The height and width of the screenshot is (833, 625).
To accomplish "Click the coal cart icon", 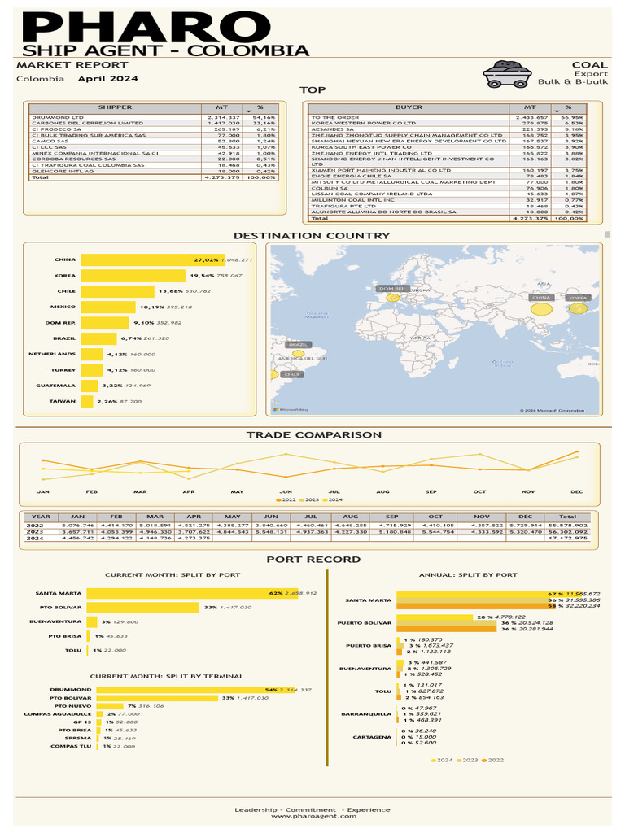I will tap(508, 74).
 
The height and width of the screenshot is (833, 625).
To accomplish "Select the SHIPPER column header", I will tap(115, 107).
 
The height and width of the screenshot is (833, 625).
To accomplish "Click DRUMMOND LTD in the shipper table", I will tap(58, 118).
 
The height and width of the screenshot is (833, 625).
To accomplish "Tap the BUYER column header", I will tap(409, 107).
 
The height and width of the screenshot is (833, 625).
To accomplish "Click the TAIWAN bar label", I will tap(63, 401).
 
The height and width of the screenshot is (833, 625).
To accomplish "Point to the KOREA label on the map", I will tap(577, 299).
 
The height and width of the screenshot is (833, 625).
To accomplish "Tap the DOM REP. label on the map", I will tap(391, 289).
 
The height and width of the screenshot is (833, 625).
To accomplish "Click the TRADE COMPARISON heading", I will tap(313, 435).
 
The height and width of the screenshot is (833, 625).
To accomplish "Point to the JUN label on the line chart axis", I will tap(286, 492).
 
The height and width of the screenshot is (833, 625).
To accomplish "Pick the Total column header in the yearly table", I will tap(567, 517).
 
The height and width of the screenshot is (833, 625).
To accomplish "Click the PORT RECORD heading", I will tap(313, 560).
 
